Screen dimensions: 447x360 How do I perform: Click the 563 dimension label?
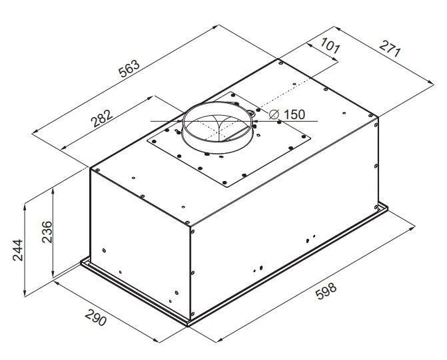[129, 69]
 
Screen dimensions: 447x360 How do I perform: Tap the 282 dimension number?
[102, 118]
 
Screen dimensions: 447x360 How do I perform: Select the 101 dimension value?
[330, 45]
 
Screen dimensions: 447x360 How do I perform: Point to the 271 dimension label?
[390, 49]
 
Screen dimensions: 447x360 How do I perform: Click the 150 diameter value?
[294, 114]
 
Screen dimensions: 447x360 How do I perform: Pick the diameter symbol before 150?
[274, 114]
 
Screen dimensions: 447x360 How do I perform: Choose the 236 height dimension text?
[47, 232]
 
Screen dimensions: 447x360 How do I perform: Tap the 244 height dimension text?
[18, 250]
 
